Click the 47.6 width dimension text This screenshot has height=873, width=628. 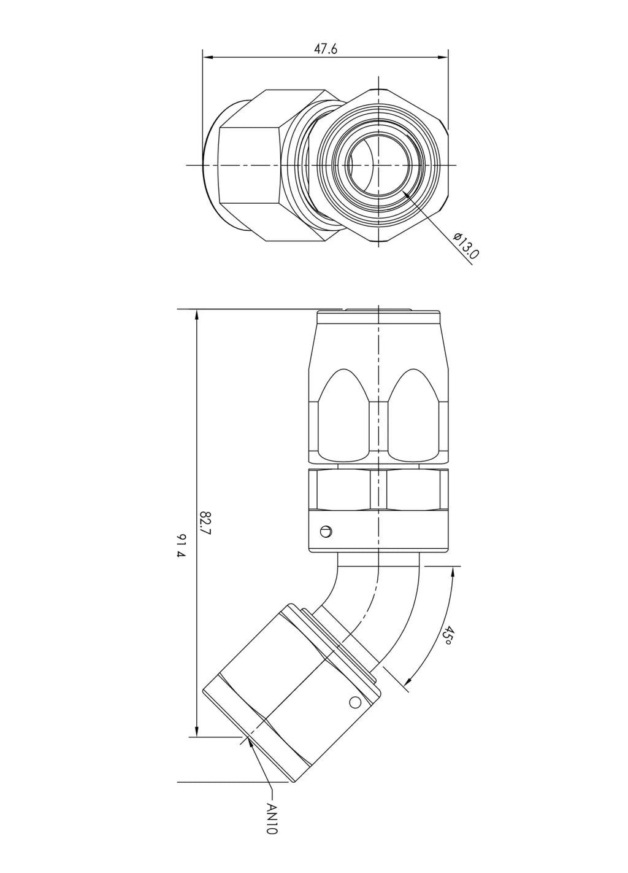pyautogui.click(x=326, y=50)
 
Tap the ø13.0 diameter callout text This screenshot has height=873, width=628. pyautogui.click(x=466, y=247)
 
